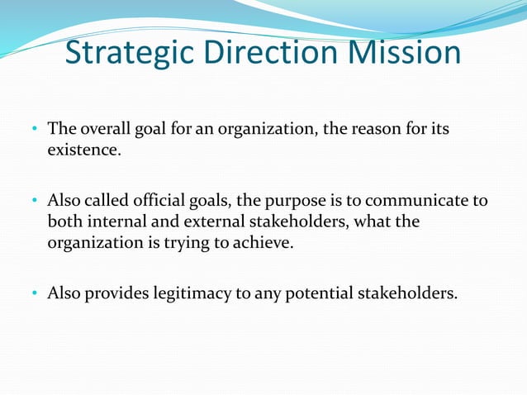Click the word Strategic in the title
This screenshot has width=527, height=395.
coord(130,53)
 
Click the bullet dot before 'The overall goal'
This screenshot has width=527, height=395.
coord(36,131)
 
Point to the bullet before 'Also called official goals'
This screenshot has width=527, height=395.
coord(36,201)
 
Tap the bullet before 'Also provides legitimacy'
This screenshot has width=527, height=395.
coord(36,293)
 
